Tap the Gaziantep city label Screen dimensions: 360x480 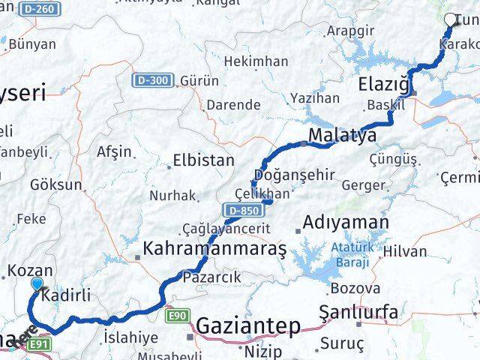[248, 326]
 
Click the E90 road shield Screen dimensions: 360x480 [178, 316]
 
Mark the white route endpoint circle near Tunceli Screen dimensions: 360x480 [451, 19]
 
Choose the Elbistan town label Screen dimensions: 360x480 [203, 160]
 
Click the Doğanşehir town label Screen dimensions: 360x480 [294, 174]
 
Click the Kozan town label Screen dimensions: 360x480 [29, 271]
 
